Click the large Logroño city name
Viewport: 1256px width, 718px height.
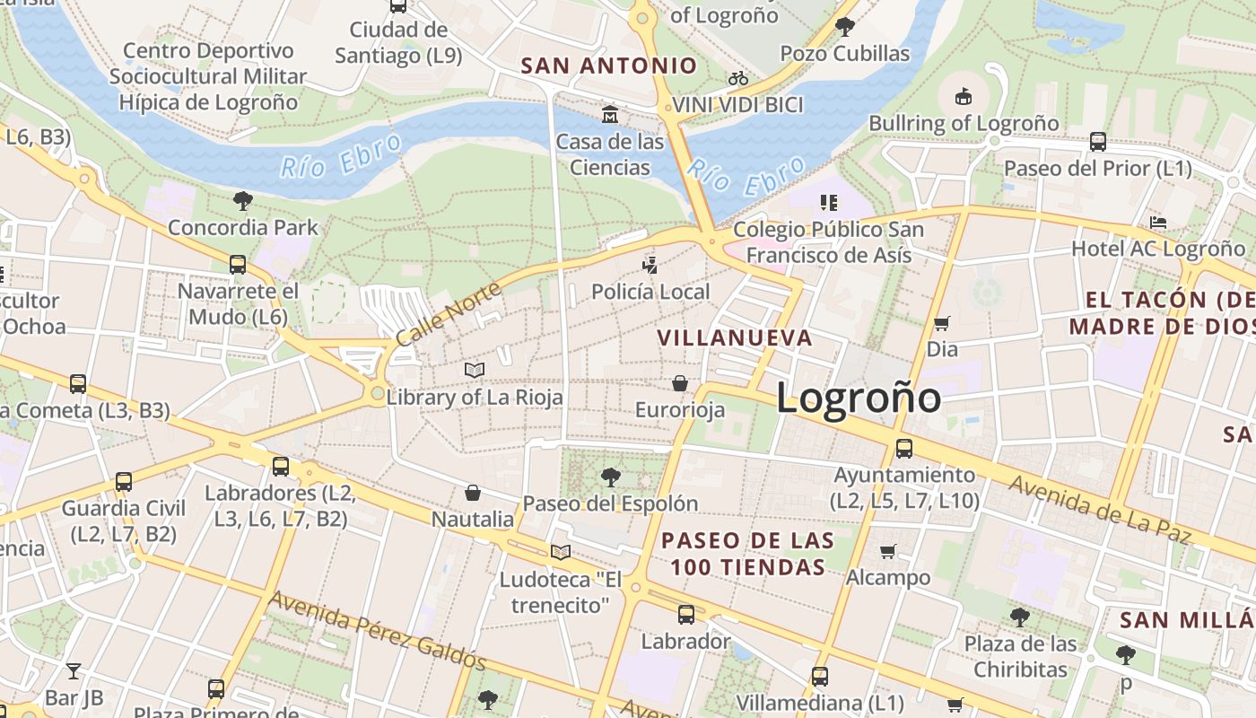pos(859,398)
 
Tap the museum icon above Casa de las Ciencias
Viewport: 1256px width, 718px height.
pos(610,114)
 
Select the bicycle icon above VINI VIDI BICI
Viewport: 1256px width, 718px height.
pos(737,78)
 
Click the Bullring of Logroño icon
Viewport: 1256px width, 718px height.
pos(963,96)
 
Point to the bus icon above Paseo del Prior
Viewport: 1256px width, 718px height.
pos(1097,141)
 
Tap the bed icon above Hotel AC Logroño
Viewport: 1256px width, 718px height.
pos(1157,222)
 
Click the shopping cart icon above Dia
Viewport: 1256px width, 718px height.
pos(941,323)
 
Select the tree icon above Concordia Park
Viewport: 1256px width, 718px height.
pos(242,200)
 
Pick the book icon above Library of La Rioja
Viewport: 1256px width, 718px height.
pos(475,370)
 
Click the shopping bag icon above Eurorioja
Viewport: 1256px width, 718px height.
pos(680,383)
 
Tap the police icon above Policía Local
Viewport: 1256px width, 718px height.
pos(650,265)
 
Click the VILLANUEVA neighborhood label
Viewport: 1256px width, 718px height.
pos(735,338)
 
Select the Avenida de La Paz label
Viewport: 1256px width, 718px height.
pos(1099,510)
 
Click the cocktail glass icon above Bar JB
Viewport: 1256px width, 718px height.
pos(74,670)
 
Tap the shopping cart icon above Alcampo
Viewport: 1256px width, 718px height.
pos(887,551)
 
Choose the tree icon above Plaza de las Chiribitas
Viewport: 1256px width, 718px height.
pos(1019,617)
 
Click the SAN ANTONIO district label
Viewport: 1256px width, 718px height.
pos(609,66)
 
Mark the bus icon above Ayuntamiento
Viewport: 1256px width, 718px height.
pos(904,448)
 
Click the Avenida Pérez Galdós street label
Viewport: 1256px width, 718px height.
pos(378,630)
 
